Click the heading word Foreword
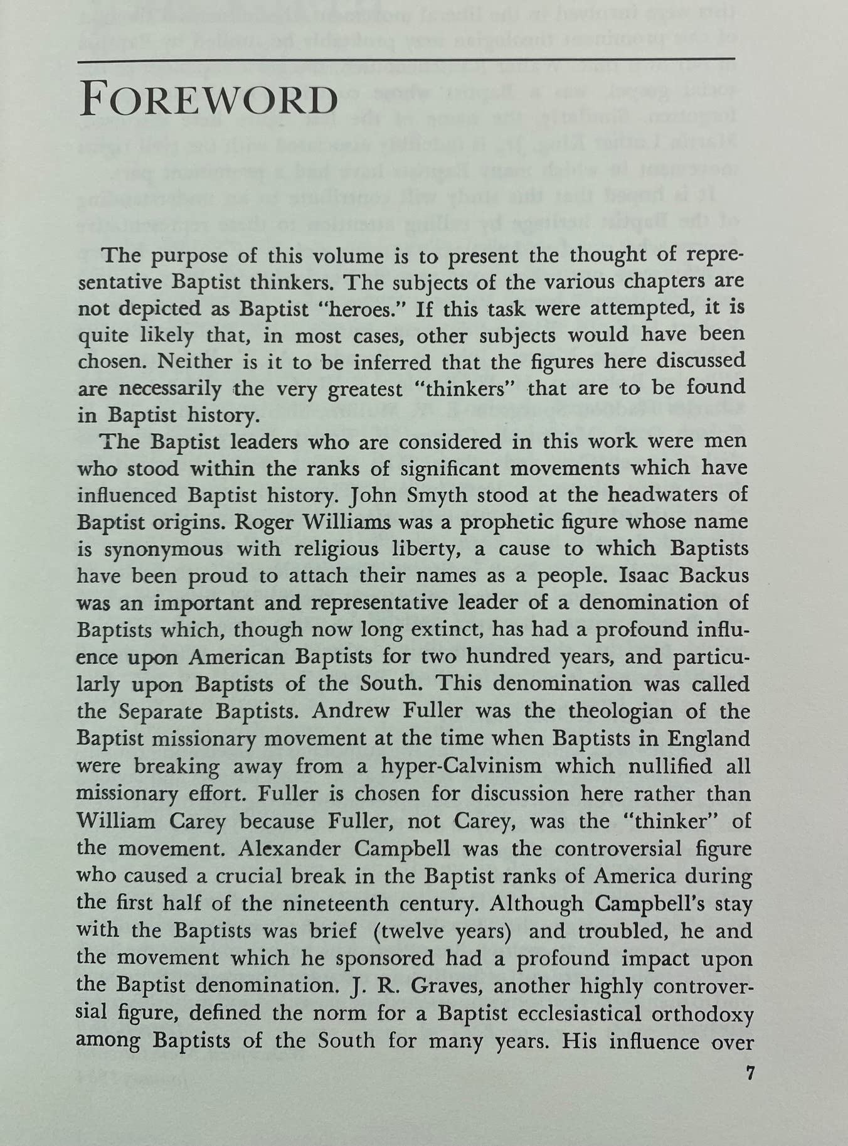(209, 100)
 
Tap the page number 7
(749, 1073)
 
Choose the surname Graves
(447, 985)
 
